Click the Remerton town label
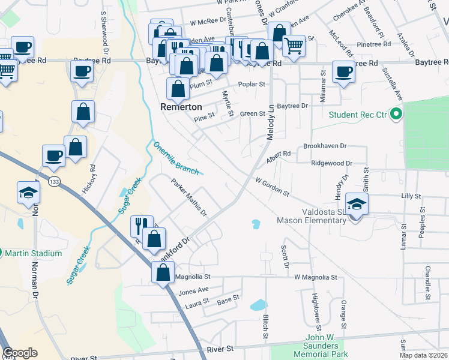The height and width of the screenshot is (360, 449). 180,106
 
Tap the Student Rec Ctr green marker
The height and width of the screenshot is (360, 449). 396,114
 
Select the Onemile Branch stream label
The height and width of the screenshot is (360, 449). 175,158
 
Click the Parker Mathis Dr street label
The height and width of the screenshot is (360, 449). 188,197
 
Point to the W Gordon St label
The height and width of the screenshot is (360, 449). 272,187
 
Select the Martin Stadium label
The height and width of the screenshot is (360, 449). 33,253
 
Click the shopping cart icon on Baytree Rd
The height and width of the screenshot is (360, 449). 294,44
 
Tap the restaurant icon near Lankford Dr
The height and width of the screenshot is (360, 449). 142,225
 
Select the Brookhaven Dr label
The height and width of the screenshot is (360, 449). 325,146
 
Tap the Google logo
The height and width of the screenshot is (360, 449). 20,353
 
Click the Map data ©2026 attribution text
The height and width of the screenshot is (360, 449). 423,355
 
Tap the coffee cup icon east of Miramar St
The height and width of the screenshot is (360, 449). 344,71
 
